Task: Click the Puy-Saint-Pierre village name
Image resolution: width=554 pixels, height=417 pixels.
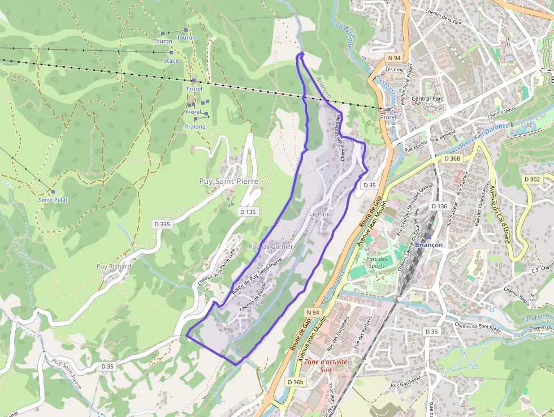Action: click(228, 181)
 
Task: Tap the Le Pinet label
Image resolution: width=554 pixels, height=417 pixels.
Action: click(321, 214)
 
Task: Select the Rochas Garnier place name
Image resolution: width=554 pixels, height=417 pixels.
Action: click(271, 247)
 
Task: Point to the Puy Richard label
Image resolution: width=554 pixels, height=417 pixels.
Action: click(113, 266)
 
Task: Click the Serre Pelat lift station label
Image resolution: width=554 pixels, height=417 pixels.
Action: click(53, 200)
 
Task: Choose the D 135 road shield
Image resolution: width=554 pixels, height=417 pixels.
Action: click(248, 212)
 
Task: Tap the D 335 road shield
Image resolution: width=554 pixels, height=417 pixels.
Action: click(162, 224)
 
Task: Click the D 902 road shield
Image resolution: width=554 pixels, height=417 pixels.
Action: click(532, 179)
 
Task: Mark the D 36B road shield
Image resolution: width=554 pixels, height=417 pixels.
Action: click(452, 158)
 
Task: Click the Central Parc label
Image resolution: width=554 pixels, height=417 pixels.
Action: click(428, 99)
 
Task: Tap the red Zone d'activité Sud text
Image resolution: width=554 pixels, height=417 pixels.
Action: click(325, 366)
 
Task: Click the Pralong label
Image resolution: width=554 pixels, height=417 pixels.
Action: click(195, 127)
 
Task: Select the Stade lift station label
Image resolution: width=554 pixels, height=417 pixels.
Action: click(171, 61)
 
